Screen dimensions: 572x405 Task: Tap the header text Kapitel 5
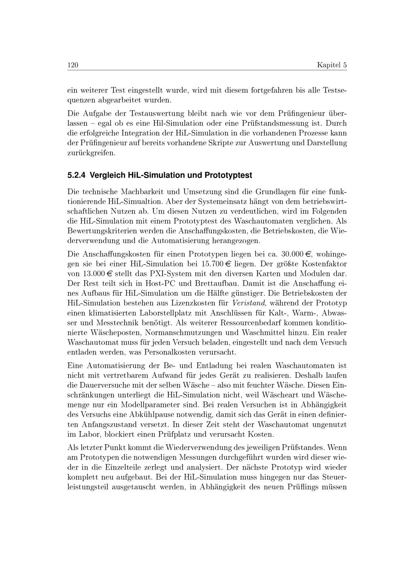coord(332,65)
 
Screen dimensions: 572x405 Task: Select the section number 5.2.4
coord(76,176)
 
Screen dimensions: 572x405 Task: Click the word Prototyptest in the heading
coord(228,176)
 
